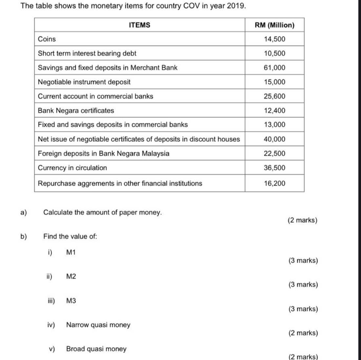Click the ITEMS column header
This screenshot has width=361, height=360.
(x=140, y=25)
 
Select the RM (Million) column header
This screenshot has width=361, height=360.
(x=275, y=25)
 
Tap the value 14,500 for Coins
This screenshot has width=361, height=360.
(x=275, y=39)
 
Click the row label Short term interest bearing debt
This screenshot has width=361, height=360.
(x=87, y=53)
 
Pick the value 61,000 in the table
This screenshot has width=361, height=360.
(x=275, y=68)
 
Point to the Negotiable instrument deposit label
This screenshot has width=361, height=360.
(x=84, y=82)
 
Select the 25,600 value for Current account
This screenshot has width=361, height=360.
(x=275, y=96)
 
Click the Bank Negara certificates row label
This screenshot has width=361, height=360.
(x=76, y=111)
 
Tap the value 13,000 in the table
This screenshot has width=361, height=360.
(x=275, y=125)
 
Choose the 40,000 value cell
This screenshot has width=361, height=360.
(x=275, y=139)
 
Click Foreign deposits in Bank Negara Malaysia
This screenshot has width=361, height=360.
(x=104, y=153)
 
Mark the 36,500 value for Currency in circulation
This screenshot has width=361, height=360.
(x=275, y=168)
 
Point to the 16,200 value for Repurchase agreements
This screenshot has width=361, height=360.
(x=275, y=183)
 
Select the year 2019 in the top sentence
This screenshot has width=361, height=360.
(x=236, y=6)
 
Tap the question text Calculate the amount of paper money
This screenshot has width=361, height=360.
(x=103, y=212)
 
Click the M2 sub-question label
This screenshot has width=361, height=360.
(x=71, y=277)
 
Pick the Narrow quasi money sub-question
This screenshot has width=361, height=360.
(x=98, y=325)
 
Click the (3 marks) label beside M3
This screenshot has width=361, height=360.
(x=303, y=309)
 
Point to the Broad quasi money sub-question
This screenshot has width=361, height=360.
(x=96, y=349)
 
